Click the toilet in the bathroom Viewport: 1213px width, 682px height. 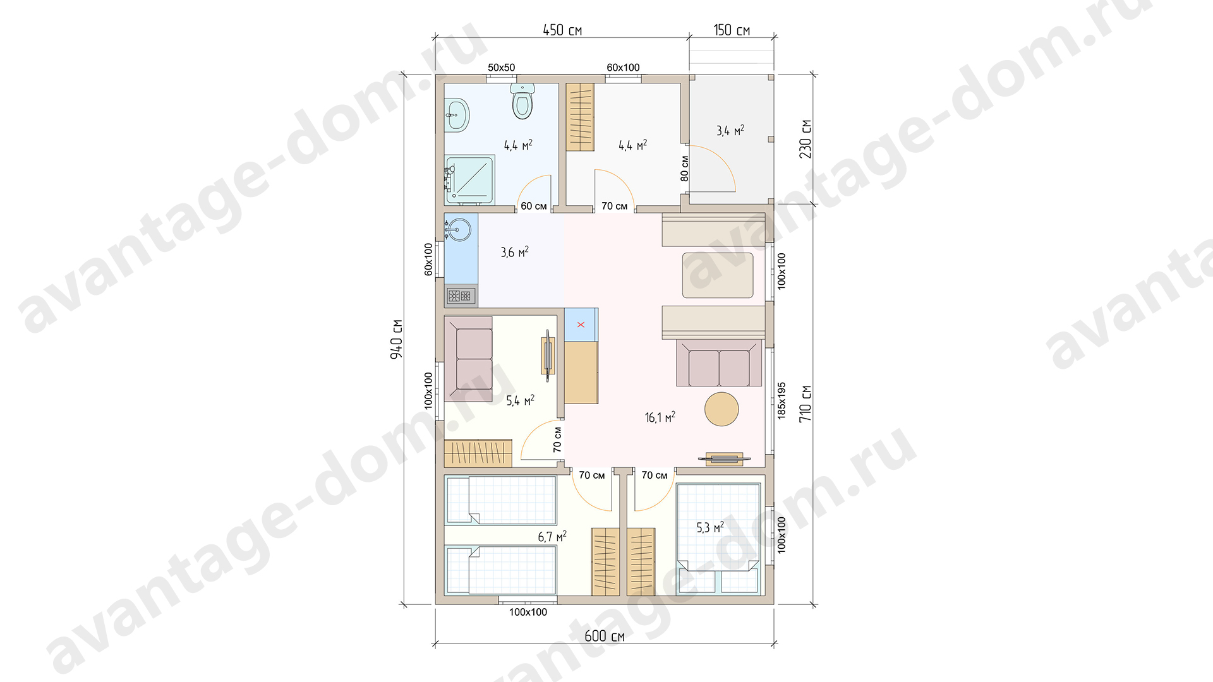[x=522, y=102]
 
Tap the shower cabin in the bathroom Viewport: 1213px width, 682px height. [x=469, y=181]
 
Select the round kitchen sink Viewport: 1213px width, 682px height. [x=460, y=229]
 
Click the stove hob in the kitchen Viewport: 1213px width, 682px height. [x=460, y=295]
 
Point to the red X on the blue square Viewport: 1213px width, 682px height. [x=581, y=325]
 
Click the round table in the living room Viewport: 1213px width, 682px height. [x=721, y=409]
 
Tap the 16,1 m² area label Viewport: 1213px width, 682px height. [x=660, y=417]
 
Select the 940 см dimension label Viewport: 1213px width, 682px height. [x=396, y=339]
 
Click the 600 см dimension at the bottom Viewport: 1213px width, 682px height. [x=605, y=636]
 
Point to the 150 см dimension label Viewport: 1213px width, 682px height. [x=732, y=30]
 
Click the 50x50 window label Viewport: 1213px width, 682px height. [x=502, y=68]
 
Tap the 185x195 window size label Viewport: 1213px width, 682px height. [x=782, y=400]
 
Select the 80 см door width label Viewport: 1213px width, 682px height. [x=685, y=169]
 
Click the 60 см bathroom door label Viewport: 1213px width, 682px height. [x=534, y=206]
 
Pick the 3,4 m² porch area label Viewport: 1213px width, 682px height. [x=730, y=131]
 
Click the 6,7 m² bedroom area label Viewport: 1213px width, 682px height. [x=552, y=537]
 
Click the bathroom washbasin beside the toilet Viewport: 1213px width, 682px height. [x=457, y=115]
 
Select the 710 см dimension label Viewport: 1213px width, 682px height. [x=805, y=404]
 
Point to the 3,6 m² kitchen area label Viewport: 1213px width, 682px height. [x=515, y=253]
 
